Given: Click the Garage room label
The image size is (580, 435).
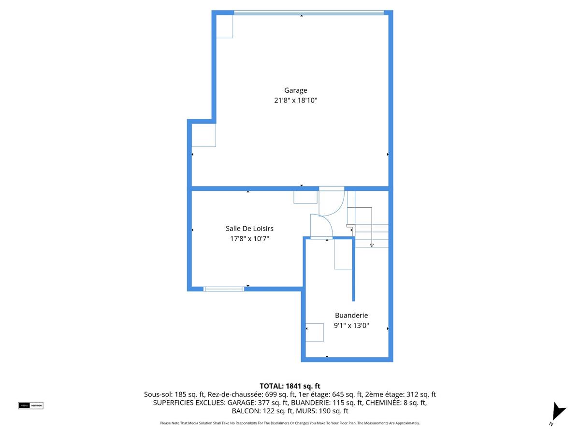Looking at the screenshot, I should pyautogui.click(x=295, y=90).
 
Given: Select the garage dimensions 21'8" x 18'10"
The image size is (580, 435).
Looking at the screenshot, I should pyautogui.click(x=295, y=101).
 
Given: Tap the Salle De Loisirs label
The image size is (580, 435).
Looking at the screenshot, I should pyautogui.click(x=249, y=229).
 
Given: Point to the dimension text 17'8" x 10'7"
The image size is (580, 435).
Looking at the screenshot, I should pyautogui.click(x=249, y=238).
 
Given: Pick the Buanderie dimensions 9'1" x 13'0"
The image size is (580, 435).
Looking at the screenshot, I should pyautogui.click(x=351, y=325).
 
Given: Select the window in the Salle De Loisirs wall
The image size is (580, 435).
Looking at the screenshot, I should pyautogui.click(x=223, y=289).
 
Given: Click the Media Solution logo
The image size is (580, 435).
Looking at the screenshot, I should pyautogui.click(x=30, y=405).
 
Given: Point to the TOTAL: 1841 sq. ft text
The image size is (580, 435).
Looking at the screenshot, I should pyautogui.click(x=290, y=386).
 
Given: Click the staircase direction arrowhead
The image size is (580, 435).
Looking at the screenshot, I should pyautogui.click(x=372, y=246).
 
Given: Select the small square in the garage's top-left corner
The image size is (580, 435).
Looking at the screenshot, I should pyautogui.click(x=224, y=26).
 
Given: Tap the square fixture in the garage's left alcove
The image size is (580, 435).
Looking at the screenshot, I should pyautogui.click(x=203, y=135).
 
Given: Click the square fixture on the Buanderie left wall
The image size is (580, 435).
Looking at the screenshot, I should pyautogui.click(x=315, y=332).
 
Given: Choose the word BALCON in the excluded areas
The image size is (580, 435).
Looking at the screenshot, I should pyautogui.click(x=245, y=411).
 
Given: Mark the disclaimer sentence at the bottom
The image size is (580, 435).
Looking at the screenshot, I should pyautogui.click(x=290, y=423).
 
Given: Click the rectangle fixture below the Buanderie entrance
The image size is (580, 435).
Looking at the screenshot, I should pyautogui.click(x=343, y=254).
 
